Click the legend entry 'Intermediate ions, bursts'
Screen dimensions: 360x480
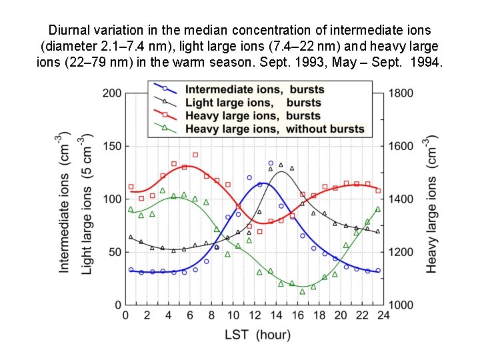255,89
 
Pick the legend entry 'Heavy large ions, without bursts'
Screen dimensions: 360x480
275,129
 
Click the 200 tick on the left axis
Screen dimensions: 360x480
112,93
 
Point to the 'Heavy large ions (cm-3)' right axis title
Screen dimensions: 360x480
433,206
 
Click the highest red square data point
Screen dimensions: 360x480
195,155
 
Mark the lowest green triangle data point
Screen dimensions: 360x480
303,291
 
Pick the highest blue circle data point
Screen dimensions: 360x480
271,163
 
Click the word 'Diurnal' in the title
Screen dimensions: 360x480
69,30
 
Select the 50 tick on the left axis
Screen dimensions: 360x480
115,252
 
